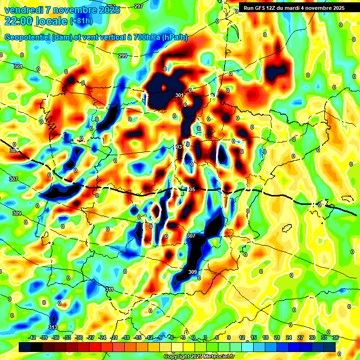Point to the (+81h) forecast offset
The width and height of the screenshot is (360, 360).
[81, 21]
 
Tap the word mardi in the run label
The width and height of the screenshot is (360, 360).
[296, 8]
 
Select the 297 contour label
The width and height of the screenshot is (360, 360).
[138, 6]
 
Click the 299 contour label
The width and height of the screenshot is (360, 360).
[123, 56]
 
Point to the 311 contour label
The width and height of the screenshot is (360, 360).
[109, 289]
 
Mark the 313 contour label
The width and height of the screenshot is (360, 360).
[53, 327]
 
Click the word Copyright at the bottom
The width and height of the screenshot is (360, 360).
[176, 356]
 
